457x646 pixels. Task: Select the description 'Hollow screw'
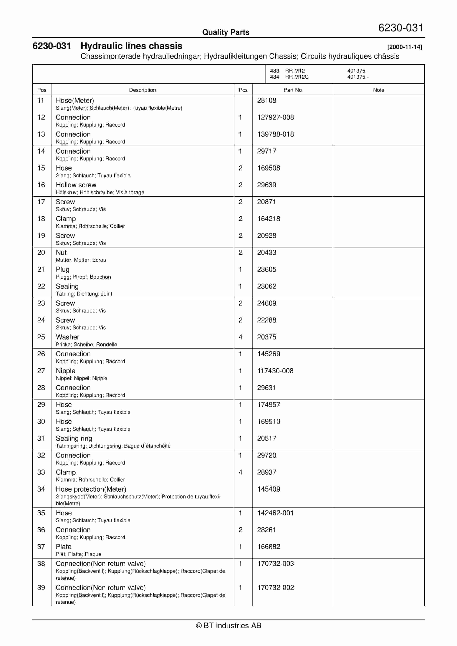pos(76,185)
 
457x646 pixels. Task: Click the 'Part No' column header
pos(292,90)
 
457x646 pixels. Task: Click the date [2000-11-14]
pos(404,47)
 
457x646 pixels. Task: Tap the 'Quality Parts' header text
pos(226,32)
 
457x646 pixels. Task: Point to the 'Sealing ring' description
pos(74,438)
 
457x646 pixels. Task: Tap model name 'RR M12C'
pos(297,77)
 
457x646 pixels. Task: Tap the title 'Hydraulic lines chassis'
pos(131,46)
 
